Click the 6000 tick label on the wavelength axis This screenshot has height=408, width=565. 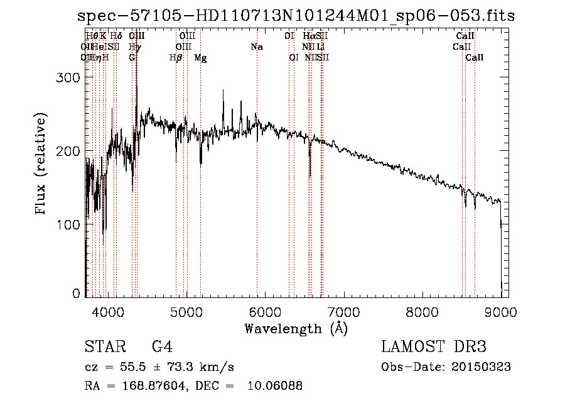tap(264, 312)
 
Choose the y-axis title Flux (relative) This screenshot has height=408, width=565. tap(41, 165)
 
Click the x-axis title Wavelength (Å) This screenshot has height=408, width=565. tap(296, 328)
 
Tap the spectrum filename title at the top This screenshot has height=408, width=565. tap(296, 16)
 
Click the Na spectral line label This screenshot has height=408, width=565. tap(257, 47)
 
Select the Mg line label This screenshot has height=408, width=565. tap(200, 58)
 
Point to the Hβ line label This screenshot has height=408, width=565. tap(176, 58)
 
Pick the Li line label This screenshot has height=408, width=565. tap(320, 47)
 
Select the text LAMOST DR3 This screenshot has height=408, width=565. tap(434, 347)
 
